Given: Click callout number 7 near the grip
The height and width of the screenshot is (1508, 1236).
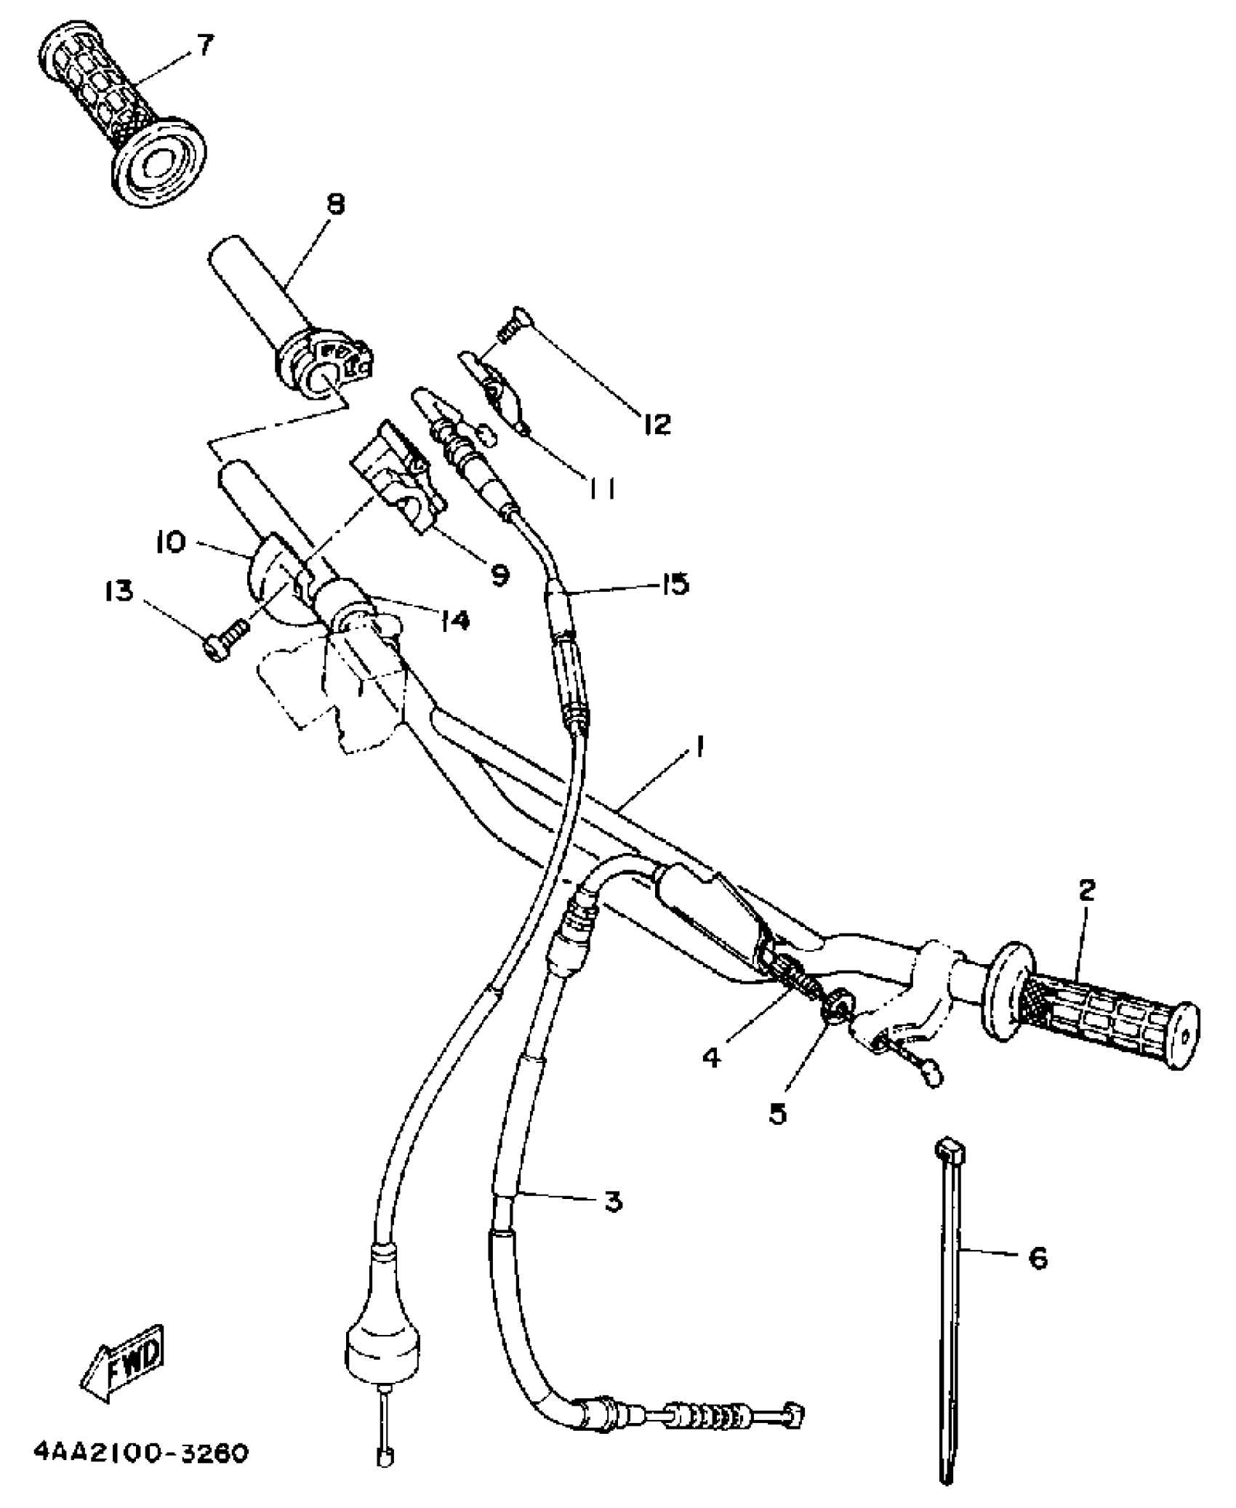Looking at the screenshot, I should coord(206,46).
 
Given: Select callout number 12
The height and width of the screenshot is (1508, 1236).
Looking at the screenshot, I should coord(657,424).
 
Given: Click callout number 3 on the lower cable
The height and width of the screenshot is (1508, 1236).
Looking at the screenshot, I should coord(613,1201).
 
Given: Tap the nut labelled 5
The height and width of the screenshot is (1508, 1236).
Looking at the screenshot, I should coord(833,1009).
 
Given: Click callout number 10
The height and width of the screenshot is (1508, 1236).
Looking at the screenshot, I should coord(172,542).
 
